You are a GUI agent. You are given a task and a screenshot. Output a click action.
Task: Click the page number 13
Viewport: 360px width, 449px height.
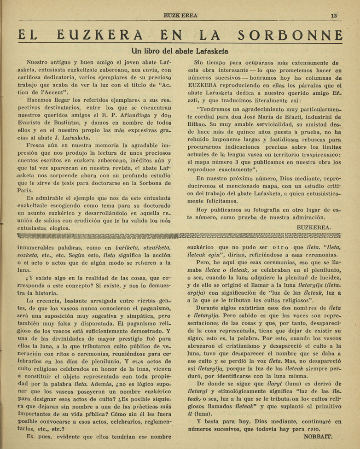(x=334, y=15)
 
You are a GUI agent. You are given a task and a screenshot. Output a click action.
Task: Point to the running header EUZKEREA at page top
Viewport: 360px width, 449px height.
(x=180, y=16)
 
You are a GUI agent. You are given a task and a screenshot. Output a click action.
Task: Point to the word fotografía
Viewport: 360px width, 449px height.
(x=267, y=209)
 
